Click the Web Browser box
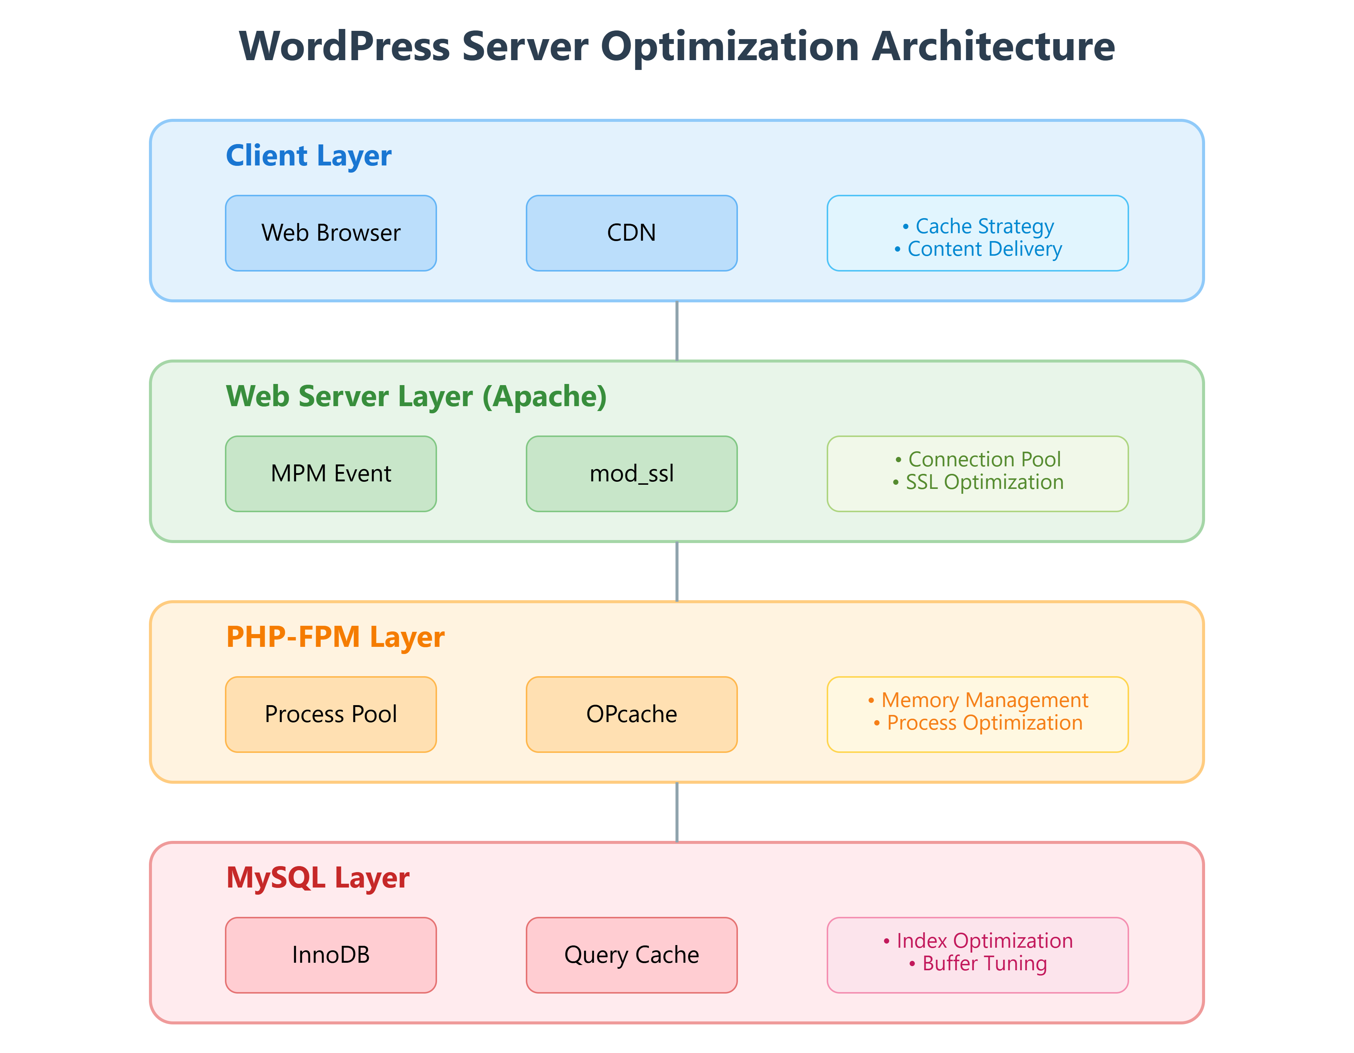coord(331,233)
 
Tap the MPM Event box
coord(331,473)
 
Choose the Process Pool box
coord(331,714)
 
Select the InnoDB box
coord(331,954)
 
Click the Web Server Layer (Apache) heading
coord(416,396)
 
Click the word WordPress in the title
coord(344,47)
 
